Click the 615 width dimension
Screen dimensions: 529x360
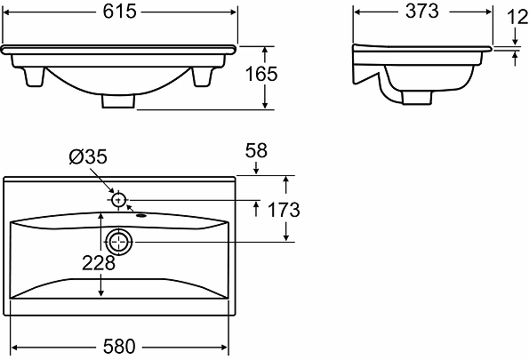click(x=119, y=12)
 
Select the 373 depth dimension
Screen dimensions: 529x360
click(x=421, y=12)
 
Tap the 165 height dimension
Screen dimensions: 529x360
click(x=261, y=75)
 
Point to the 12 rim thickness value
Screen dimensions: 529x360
click(x=517, y=18)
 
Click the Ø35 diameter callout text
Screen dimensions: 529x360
click(x=88, y=156)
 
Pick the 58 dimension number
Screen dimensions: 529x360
click(x=256, y=151)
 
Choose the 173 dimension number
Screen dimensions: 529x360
click(x=284, y=210)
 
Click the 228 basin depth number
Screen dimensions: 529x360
click(x=99, y=263)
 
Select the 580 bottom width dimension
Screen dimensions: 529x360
click(x=119, y=347)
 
